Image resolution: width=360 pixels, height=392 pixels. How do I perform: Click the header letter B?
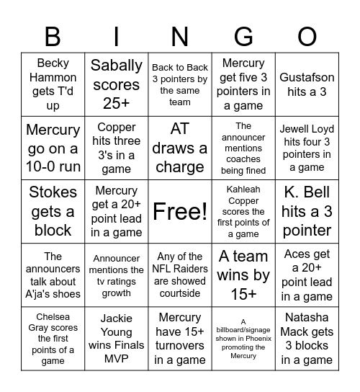(x=53, y=35)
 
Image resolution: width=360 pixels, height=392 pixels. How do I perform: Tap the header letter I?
(x=117, y=35)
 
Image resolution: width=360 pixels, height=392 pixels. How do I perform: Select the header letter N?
(x=180, y=35)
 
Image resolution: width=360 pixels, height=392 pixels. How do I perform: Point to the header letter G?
(x=243, y=35)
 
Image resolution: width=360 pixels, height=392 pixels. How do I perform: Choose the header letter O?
(x=307, y=35)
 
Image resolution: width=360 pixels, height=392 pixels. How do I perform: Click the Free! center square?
(x=180, y=212)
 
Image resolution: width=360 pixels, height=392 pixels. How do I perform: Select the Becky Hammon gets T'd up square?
(x=53, y=84)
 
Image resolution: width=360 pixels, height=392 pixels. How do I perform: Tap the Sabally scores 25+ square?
(x=117, y=84)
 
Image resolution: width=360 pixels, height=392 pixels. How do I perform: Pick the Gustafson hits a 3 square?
(x=307, y=84)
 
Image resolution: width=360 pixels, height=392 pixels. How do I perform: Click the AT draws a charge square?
(x=180, y=148)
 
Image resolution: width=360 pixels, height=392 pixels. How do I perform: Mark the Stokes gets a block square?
(x=53, y=212)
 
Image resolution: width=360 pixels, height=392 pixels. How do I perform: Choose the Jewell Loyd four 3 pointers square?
(x=307, y=148)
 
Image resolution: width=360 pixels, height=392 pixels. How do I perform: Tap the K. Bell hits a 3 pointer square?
(x=307, y=212)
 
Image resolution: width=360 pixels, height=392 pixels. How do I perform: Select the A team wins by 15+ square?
(x=243, y=275)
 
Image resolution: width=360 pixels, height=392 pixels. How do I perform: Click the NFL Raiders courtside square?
(x=180, y=275)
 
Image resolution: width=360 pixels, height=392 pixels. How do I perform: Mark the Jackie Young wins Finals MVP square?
(x=117, y=339)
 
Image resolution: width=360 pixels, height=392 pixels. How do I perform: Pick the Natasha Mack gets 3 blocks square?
(x=307, y=339)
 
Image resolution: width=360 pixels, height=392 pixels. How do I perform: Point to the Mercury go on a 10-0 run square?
(x=53, y=148)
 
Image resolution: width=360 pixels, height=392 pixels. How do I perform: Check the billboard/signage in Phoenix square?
(x=243, y=339)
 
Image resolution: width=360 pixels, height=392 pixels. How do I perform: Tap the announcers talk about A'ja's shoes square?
(x=53, y=275)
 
